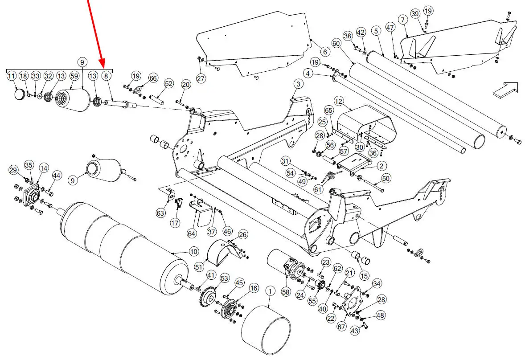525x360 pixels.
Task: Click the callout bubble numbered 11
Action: point(12,76)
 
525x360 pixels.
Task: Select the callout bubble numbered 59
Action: point(74,76)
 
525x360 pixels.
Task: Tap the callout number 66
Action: point(153,78)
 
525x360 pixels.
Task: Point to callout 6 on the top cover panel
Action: point(324,52)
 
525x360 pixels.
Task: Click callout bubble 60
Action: point(336,43)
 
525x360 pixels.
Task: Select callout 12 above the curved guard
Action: point(339,102)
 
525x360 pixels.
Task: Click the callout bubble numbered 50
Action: point(386,179)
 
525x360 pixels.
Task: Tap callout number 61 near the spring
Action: point(318,189)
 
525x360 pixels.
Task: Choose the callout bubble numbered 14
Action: point(44,168)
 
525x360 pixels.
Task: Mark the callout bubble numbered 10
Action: point(193,252)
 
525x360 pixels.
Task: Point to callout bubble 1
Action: point(270,291)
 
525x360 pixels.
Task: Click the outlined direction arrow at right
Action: point(505,89)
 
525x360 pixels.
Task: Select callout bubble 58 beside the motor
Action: point(285,291)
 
